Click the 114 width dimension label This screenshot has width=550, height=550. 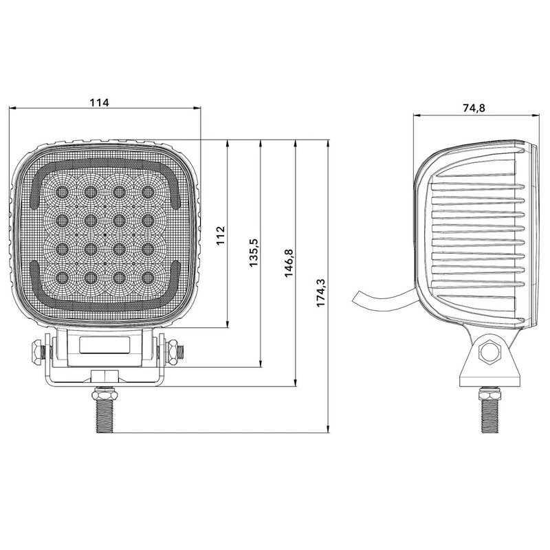[100, 102]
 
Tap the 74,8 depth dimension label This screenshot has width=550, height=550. [474, 108]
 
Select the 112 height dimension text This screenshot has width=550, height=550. [220, 236]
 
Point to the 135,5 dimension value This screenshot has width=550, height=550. [254, 252]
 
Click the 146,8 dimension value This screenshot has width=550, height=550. [288, 263]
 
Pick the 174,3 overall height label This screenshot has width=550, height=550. [321, 293]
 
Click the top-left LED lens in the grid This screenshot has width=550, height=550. [62, 192]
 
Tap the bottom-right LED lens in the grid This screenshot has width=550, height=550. [148, 278]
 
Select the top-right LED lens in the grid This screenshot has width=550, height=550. [148, 192]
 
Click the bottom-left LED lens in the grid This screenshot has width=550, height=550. [62, 278]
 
